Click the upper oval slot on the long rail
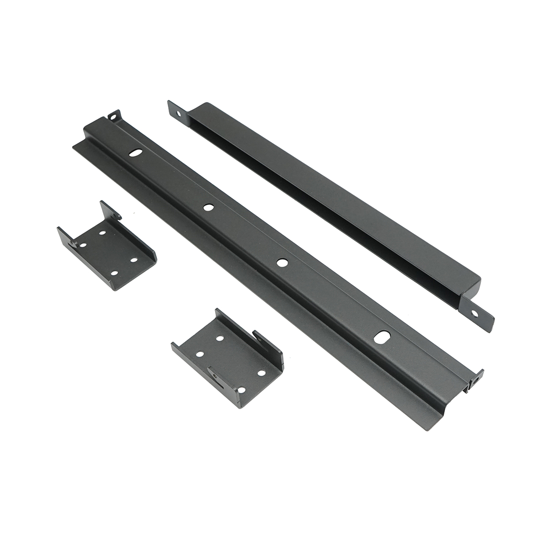coord(134,154)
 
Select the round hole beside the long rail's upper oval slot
coord(208,207)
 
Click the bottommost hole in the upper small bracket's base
coord(114,273)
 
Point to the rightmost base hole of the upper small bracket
coord(134,259)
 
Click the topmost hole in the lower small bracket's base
coord(219,339)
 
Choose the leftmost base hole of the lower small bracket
coord(199,353)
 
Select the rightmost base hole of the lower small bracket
coord(261,372)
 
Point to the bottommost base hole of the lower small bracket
coord(241,390)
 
